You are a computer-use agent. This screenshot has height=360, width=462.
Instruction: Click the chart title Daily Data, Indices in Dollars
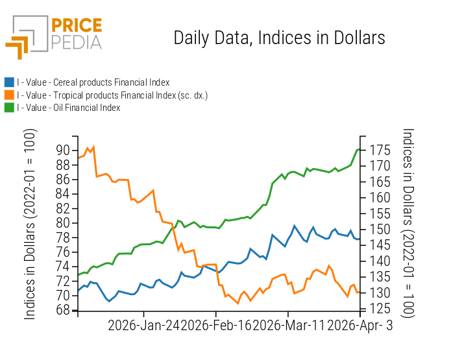279,38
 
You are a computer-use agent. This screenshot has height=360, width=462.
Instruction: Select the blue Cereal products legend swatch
9,82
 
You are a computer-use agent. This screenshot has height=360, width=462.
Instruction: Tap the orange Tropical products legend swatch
9,95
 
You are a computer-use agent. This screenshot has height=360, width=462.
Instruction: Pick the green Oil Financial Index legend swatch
9,108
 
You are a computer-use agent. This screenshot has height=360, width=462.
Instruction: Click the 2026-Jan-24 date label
144,326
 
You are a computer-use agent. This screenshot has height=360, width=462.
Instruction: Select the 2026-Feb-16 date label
216,326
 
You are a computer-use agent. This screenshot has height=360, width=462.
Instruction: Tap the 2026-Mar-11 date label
287,326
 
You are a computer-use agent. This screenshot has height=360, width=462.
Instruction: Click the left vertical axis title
30,224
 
